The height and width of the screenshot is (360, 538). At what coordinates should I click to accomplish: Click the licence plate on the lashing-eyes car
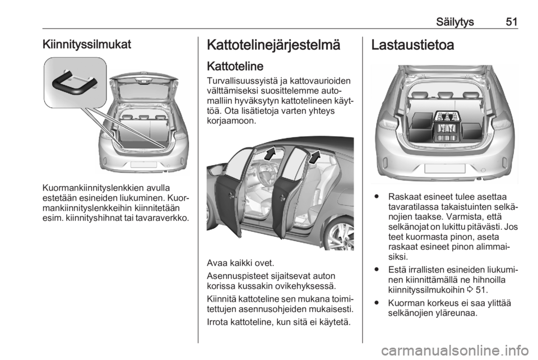coord(144,164)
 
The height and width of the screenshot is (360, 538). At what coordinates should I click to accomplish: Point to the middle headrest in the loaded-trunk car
coord(446,95)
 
